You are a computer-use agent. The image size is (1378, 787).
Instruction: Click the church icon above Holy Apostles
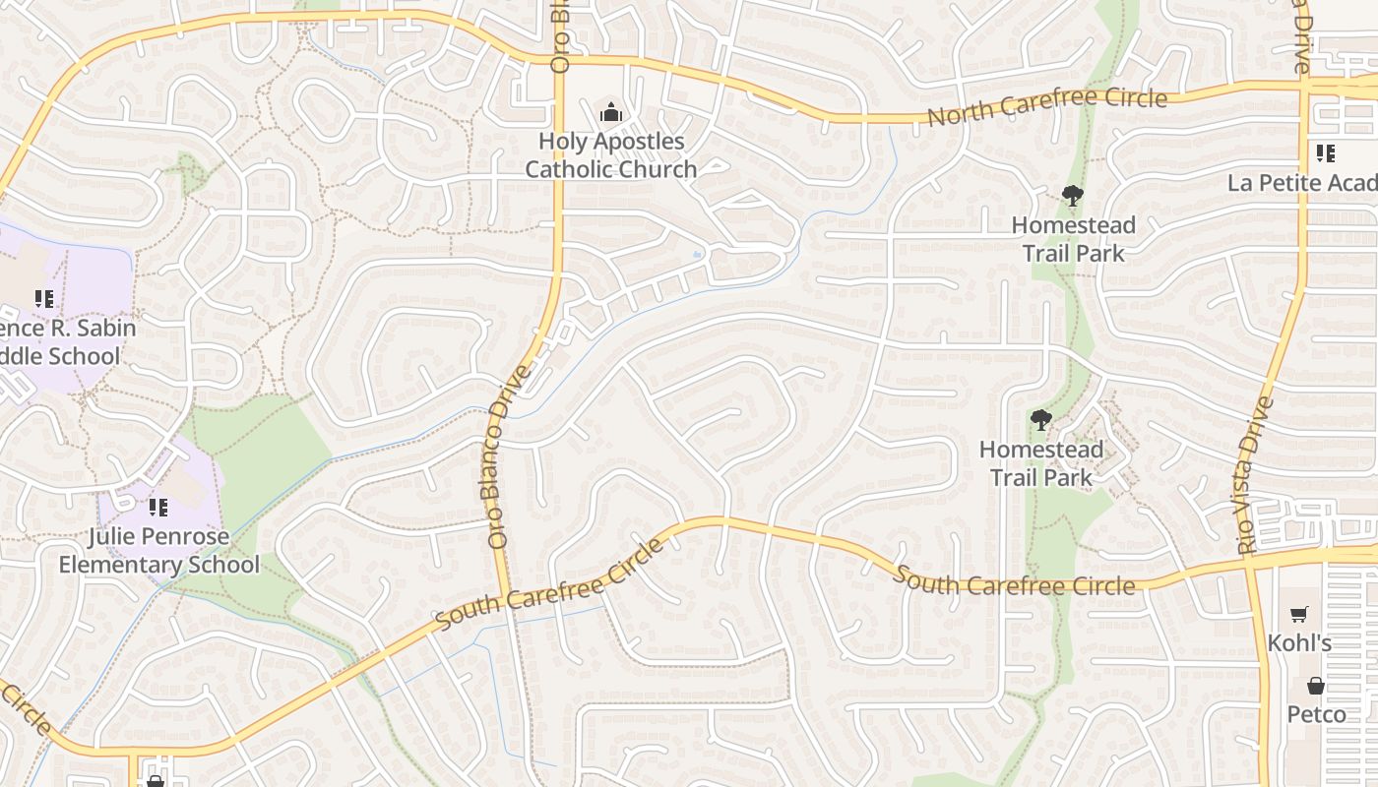click(x=611, y=113)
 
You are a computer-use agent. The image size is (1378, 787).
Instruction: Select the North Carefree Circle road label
click(x=1047, y=107)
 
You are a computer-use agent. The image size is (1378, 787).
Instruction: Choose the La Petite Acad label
click(x=1301, y=183)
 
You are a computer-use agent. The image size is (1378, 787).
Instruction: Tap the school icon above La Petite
click(x=1325, y=153)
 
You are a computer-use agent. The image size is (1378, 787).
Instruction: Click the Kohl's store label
click(x=1299, y=643)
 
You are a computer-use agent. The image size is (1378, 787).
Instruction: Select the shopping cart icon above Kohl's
click(x=1299, y=614)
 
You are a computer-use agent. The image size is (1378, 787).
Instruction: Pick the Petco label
click(x=1316, y=713)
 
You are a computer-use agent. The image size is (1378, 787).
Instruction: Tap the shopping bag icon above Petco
click(x=1316, y=686)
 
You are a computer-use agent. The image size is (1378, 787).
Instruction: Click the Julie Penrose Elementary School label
click(x=158, y=551)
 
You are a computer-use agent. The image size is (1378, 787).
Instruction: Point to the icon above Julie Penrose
click(x=157, y=508)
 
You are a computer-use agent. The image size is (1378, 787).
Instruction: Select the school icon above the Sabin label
click(x=43, y=298)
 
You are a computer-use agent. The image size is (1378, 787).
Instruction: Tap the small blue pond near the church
click(x=698, y=254)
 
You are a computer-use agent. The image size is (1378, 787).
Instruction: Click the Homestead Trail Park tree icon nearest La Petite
click(x=1073, y=196)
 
